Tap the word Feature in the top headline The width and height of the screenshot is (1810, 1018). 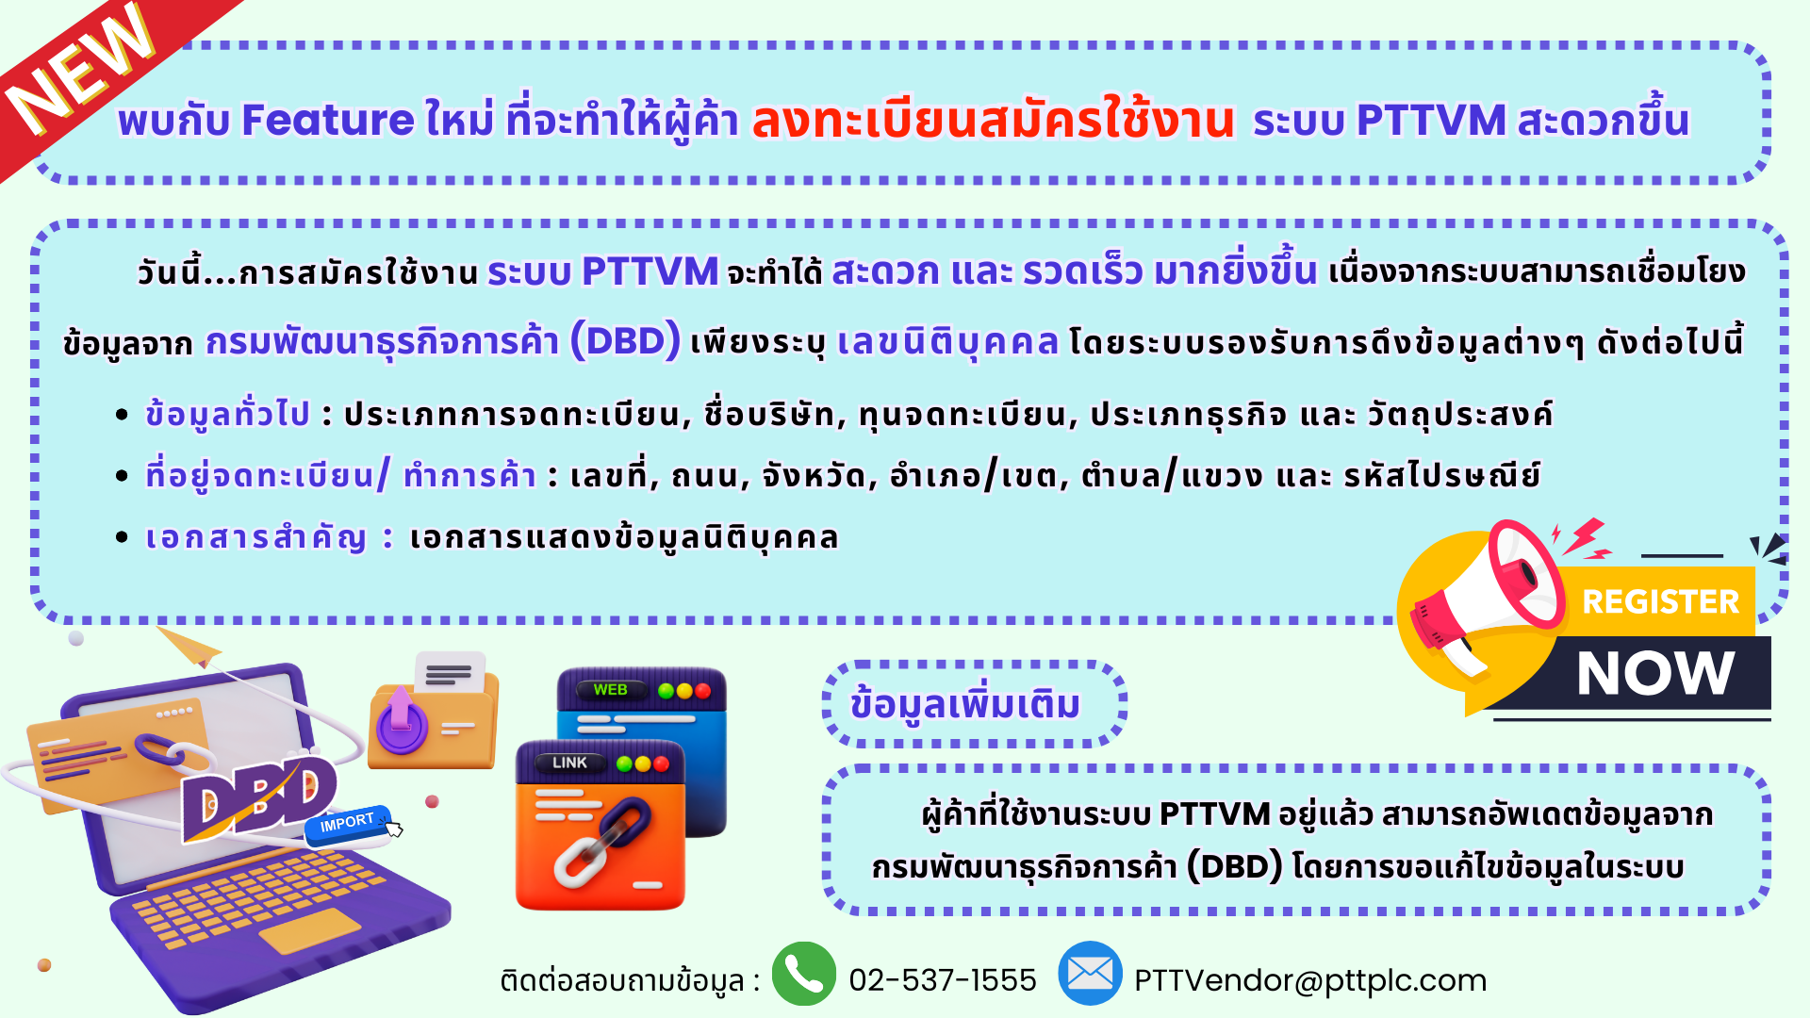pyautogui.click(x=327, y=121)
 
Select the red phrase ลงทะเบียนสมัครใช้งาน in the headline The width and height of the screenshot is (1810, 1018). pyautogui.click(x=993, y=120)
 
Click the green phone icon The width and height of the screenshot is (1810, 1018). pyautogui.click(x=803, y=974)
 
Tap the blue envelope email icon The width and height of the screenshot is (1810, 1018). pyautogui.click(x=1090, y=974)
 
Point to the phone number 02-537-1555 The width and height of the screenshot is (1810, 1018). pyautogui.click(x=942, y=980)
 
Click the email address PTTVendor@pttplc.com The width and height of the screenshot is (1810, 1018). pyautogui.click(x=1309, y=981)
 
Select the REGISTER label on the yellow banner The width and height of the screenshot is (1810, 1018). pyautogui.click(x=1660, y=601)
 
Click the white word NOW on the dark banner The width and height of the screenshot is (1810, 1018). pyautogui.click(x=1655, y=673)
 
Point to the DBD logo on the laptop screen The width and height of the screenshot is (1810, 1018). pyautogui.click(x=258, y=797)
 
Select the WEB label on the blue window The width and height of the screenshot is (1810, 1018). pyautogui.click(x=610, y=690)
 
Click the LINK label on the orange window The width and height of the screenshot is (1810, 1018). pyautogui.click(x=569, y=763)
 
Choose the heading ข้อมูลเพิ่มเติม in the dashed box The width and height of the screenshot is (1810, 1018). pyautogui.click(x=964, y=705)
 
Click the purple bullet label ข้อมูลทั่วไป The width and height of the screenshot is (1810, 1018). pyautogui.click(x=227, y=414)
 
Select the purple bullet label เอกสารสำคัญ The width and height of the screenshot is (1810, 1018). pyautogui.click(x=255, y=537)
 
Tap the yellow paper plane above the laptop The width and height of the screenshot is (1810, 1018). pyautogui.click(x=189, y=647)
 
